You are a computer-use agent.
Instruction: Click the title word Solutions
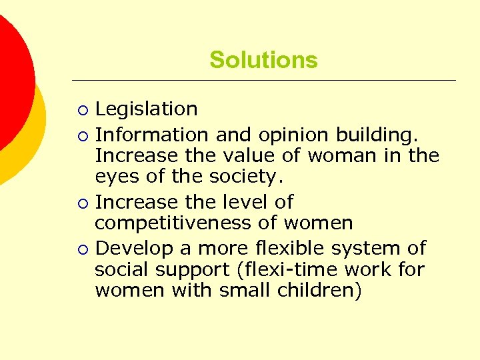point(263,60)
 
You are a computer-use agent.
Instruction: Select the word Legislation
point(146,109)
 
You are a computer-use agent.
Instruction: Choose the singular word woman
point(348,156)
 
